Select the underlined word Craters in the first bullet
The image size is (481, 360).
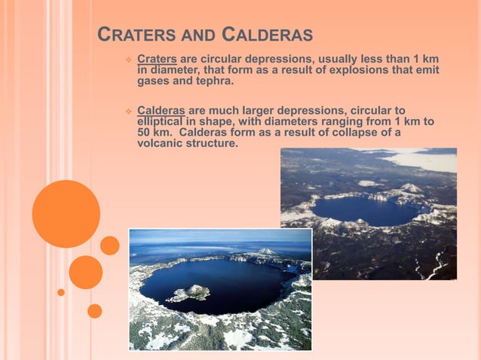(x=157, y=59)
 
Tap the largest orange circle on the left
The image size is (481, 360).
(x=66, y=214)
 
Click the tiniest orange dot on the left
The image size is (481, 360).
(x=61, y=292)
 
